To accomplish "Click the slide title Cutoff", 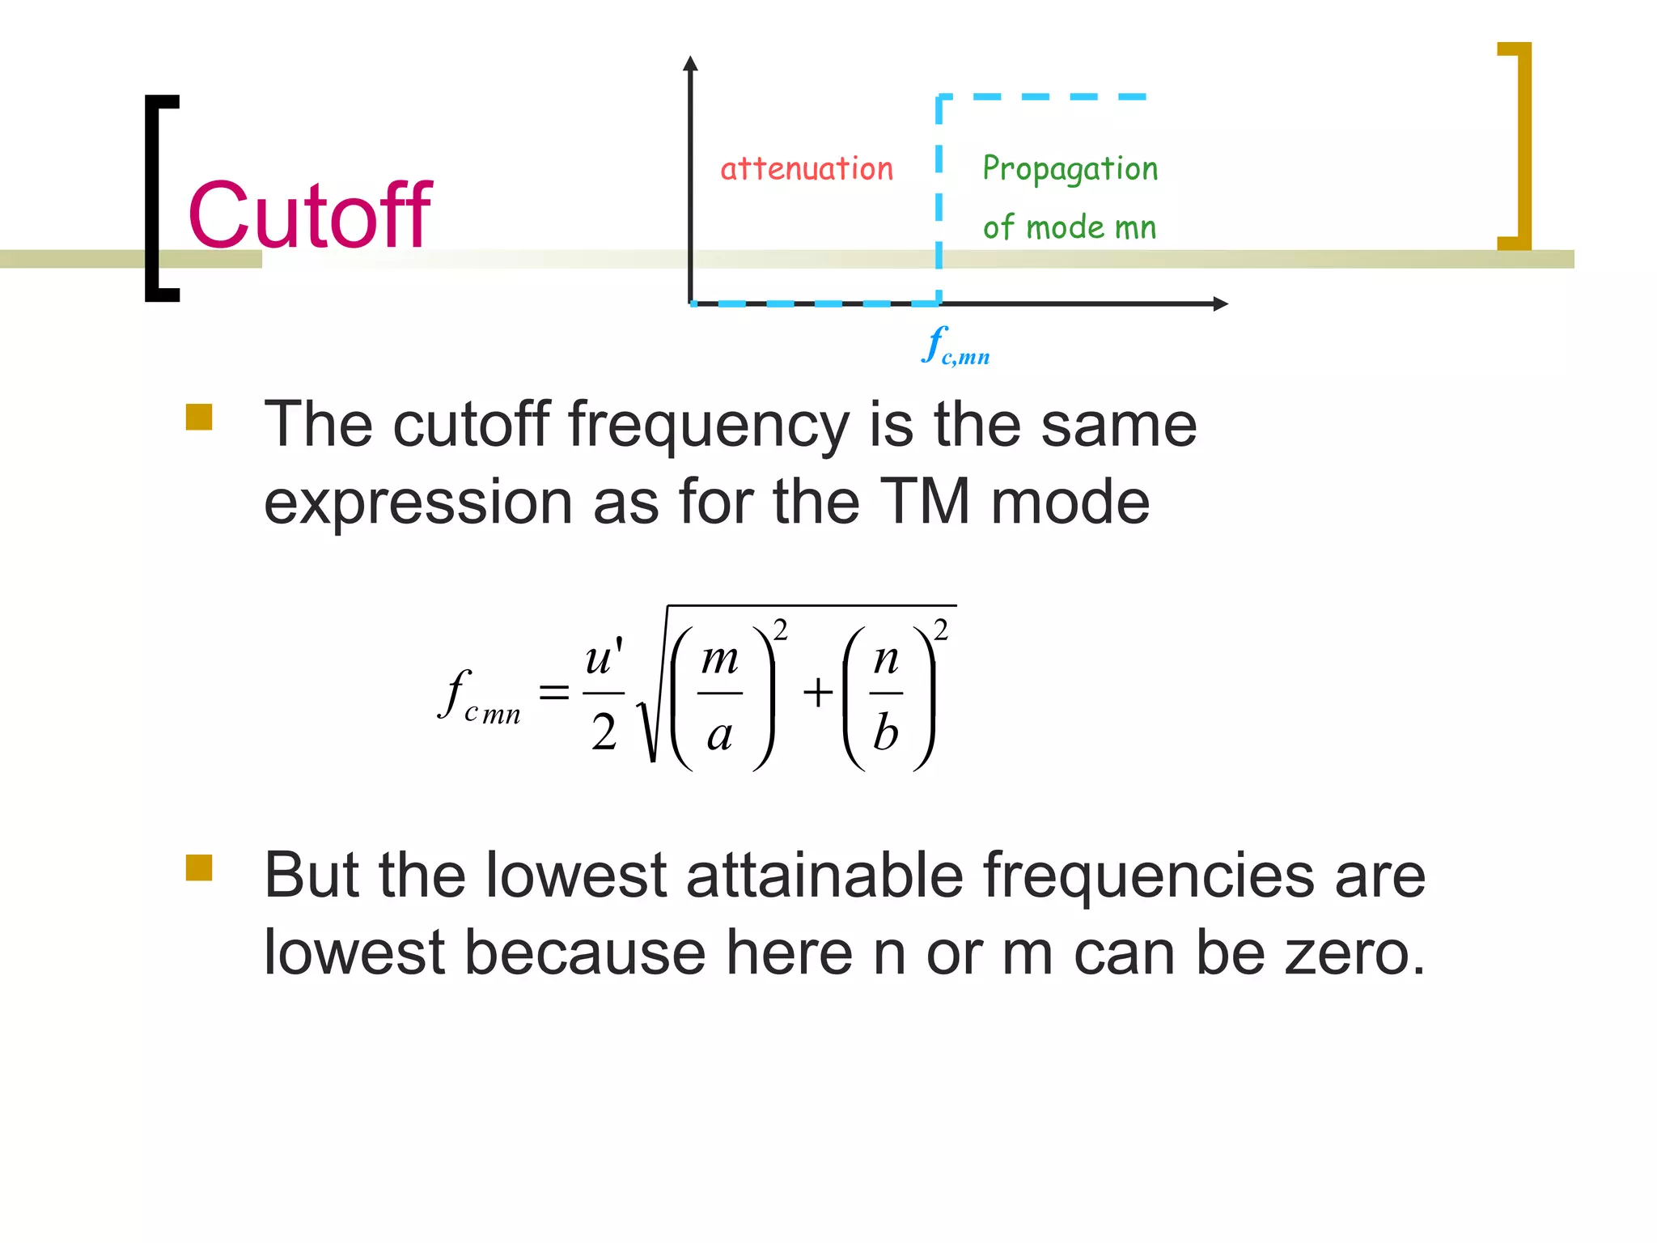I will pyautogui.click(x=309, y=215).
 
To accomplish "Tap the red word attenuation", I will pyautogui.click(x=807, y=169).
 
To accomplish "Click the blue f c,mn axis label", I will pyautogui.click(x=955, y=347).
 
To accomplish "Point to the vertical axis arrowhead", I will pyautogui.click(x=690, y=64).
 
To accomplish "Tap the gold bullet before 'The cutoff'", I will pyautogui.click(x=199, y=418).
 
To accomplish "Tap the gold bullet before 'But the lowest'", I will pyautogui.click(x=199, y=868).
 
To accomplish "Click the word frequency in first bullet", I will pyautogui.click(x=708, y=426).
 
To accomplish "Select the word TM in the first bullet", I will pyautogui.click(x=924, y=502).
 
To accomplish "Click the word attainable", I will pyautogui.click(x=824, y=876).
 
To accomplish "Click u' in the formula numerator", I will pyautogui.click(x=604, y=656).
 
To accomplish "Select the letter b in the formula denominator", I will pyautogui.click(x=886, y=732).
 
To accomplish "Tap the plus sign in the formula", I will pyautogui.click(x=818, y=693).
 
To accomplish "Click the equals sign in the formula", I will pyautogui.click(x=554, y=692).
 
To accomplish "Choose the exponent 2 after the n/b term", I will pyautogui.click(x=940, y=630).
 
